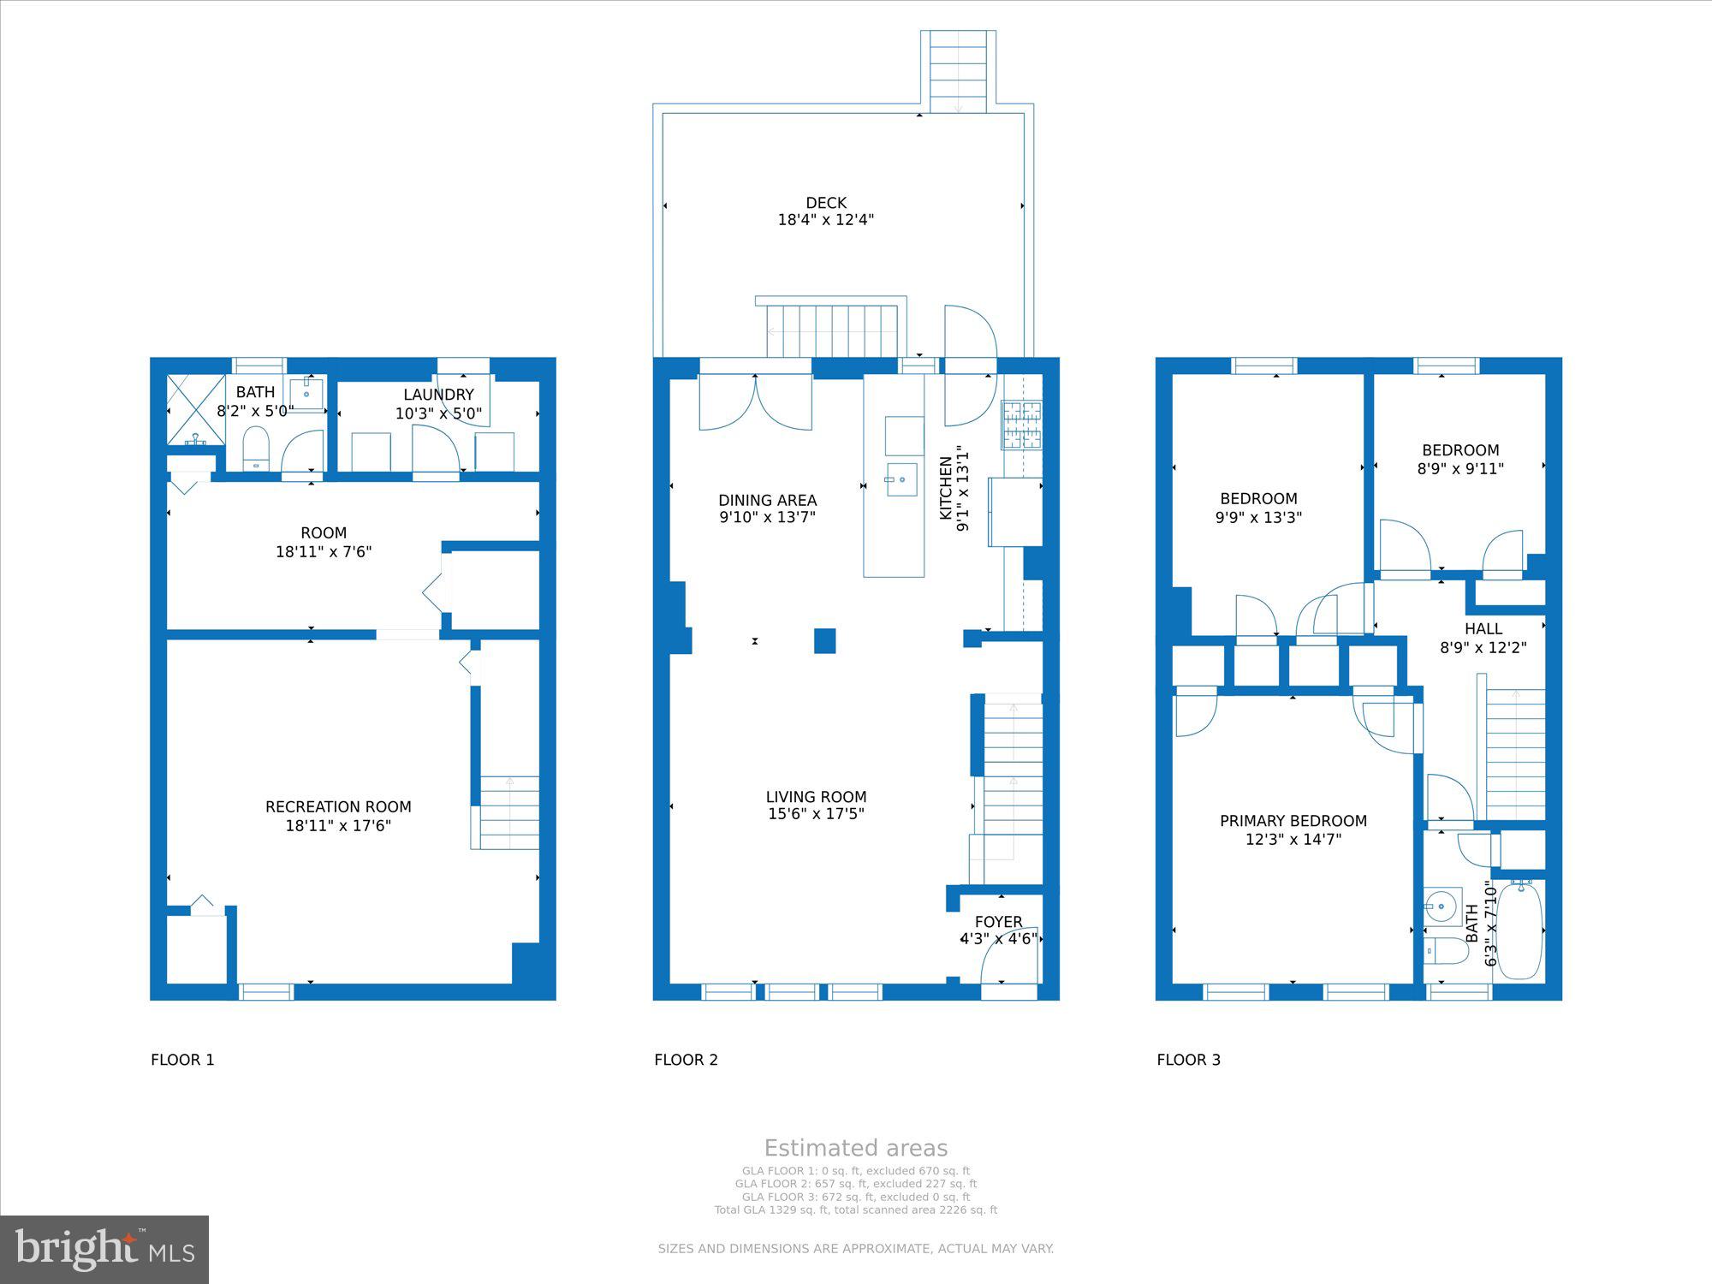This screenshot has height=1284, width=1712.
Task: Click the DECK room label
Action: click(826, 203)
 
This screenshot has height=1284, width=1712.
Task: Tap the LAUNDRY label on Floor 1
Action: click(438, 395)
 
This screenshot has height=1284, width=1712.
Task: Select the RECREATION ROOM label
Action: click(338, 807)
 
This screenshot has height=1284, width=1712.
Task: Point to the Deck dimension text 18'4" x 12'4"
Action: click(826, 220)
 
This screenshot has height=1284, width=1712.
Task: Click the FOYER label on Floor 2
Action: click(998, 922)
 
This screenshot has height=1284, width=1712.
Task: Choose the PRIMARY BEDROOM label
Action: click(1293, 821)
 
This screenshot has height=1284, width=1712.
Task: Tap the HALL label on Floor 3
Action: click(1483, 629)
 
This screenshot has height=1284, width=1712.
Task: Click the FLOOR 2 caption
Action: click(686, 1060)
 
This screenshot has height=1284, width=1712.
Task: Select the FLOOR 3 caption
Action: click(1188, 1060)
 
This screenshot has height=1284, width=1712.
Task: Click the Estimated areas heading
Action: click(856, 1148)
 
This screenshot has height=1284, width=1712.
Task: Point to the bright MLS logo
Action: click(104, 1250)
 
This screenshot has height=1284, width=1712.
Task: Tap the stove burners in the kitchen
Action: click(1022, 425)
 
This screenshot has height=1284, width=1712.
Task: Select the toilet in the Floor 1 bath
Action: click(256, 449)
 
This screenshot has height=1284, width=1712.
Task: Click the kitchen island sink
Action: click(901, 479)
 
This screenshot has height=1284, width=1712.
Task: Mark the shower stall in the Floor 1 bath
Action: click(196, 409)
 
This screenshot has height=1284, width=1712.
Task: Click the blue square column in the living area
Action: click(824, 641)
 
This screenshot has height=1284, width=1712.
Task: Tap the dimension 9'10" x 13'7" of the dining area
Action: click(767, 518)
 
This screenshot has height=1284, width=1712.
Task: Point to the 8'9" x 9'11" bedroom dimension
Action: click(1460, 469)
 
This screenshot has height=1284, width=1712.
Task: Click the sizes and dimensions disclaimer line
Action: click(856, 1249)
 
